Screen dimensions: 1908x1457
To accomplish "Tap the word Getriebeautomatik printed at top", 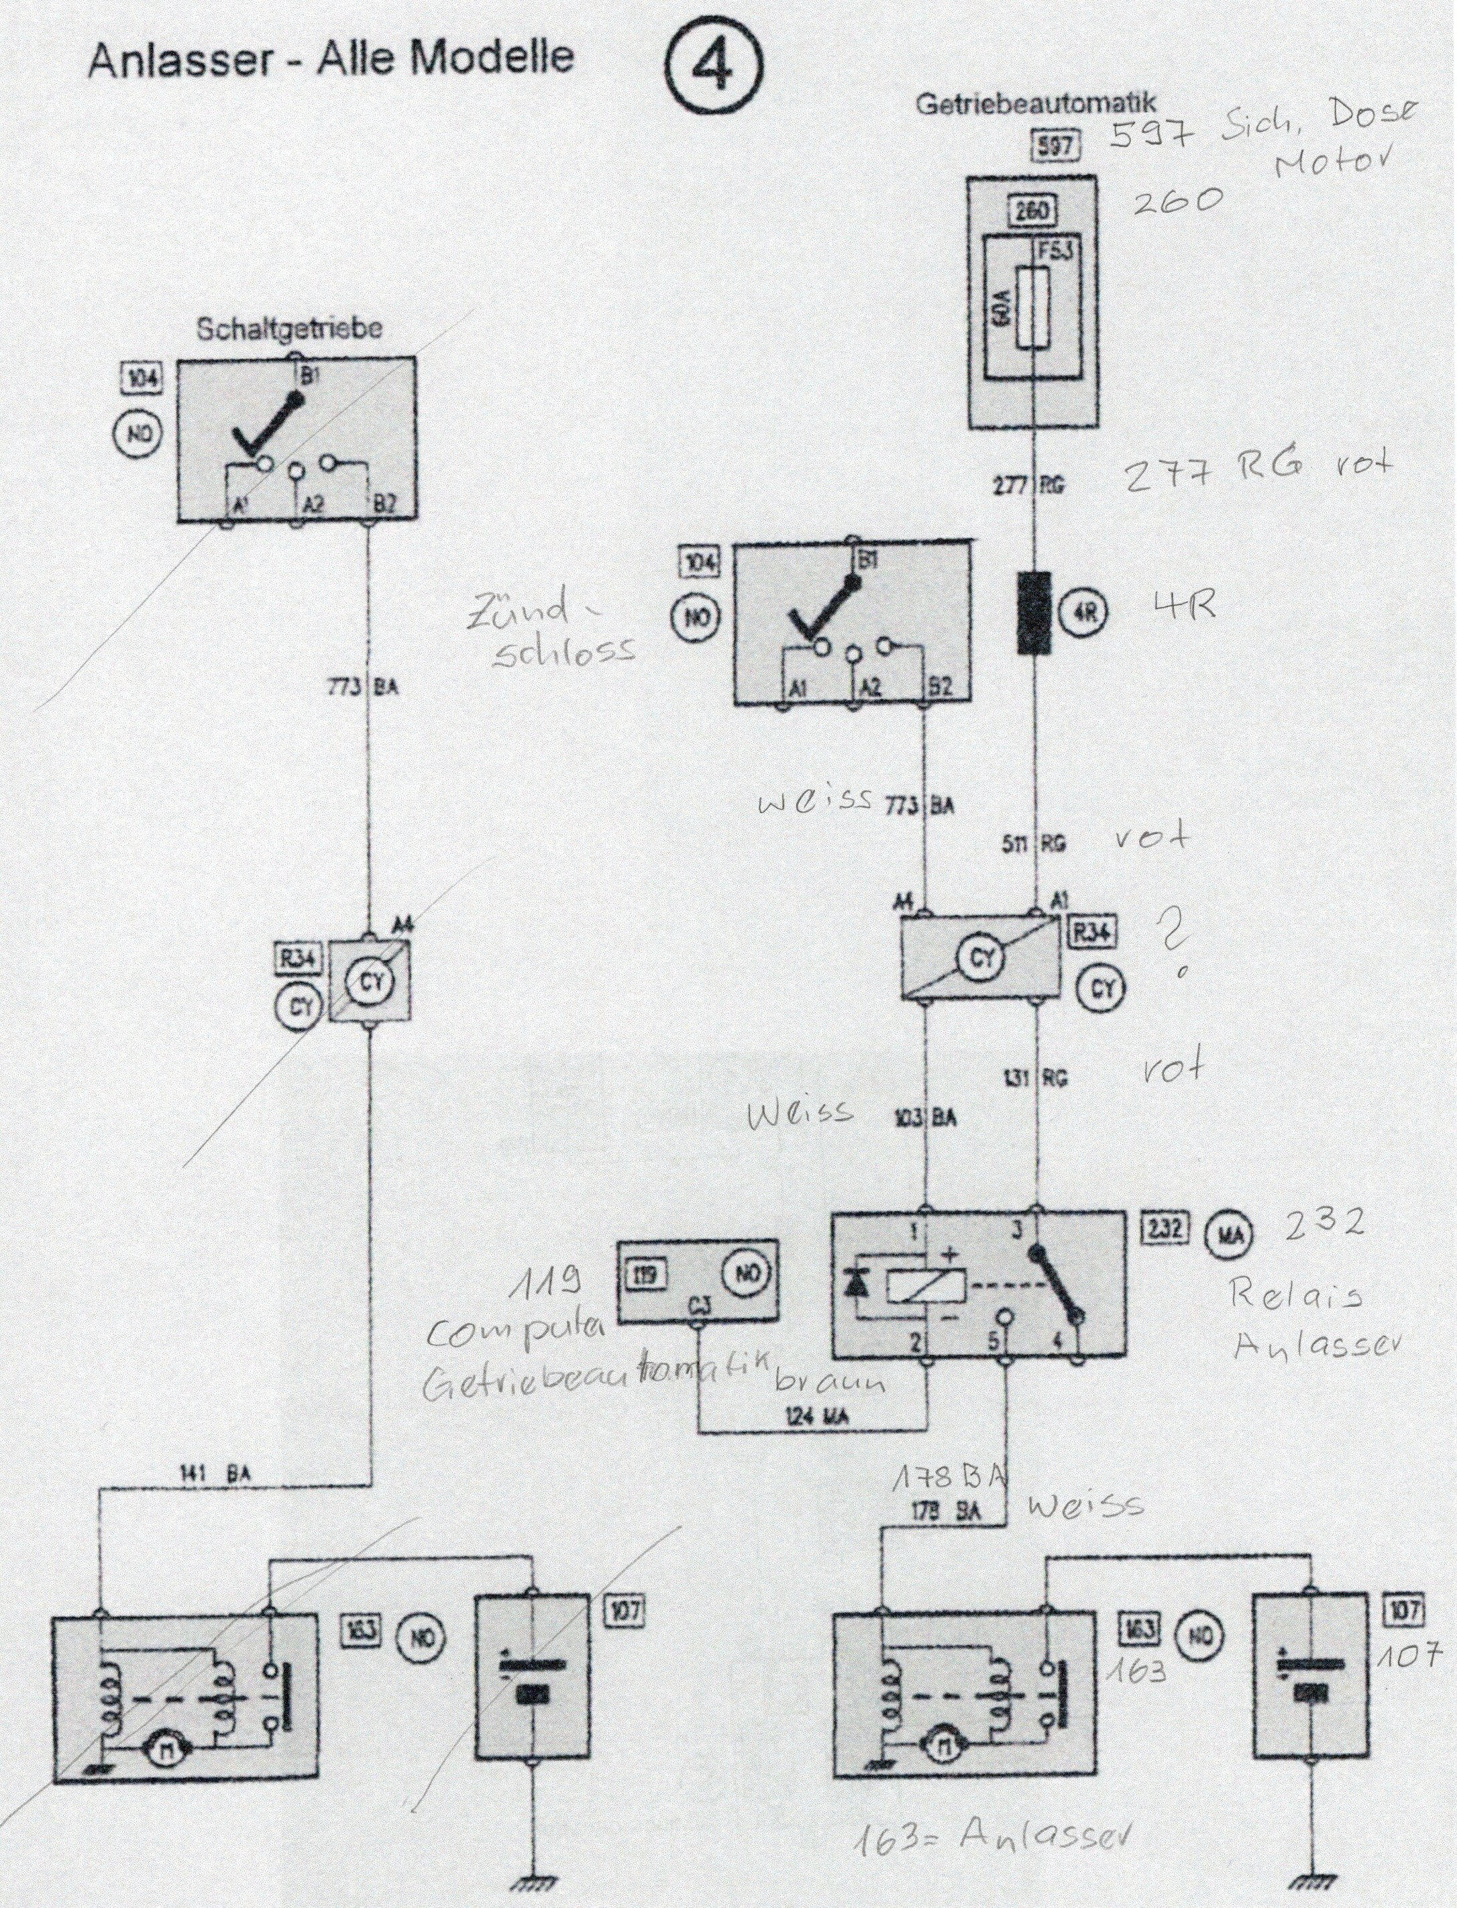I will (x=1036, y=105).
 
